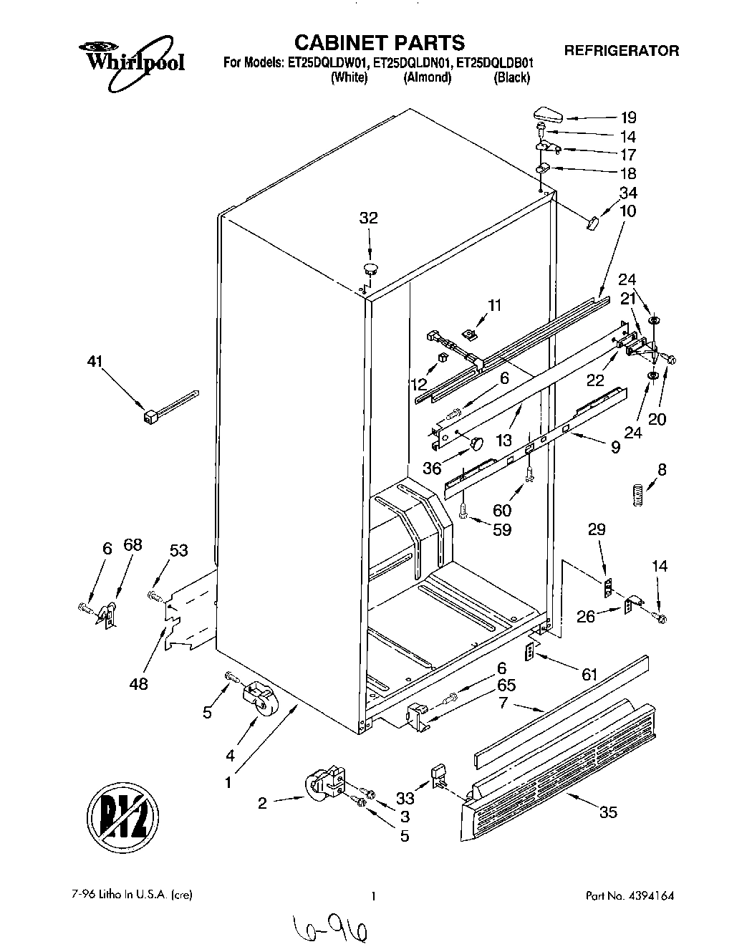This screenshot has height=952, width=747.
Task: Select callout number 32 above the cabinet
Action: [368, 218]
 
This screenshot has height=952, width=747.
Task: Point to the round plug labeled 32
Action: [370, 269]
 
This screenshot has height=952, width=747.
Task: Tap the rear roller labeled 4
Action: [256, 697]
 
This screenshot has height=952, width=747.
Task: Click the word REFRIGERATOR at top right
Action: [622, 51]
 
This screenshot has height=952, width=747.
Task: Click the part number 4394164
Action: [650, 895]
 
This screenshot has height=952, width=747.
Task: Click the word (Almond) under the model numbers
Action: [428, 78]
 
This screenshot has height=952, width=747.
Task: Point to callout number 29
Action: [597, 529]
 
